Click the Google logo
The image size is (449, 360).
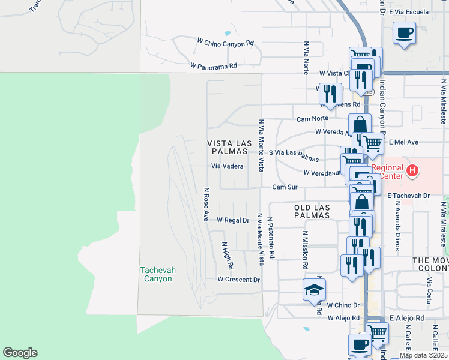20,353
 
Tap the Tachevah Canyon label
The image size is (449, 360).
158,274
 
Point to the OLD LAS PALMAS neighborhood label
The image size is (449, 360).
312,211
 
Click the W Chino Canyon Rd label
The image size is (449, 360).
226,43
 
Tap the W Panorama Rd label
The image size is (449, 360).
214,65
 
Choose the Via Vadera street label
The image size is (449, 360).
227,166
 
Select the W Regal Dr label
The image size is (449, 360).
233,220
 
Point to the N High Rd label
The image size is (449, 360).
228,255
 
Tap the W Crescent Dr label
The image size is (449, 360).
238,280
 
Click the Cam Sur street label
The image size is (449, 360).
285,187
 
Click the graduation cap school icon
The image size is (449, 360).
314,290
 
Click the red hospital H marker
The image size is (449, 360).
412,171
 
